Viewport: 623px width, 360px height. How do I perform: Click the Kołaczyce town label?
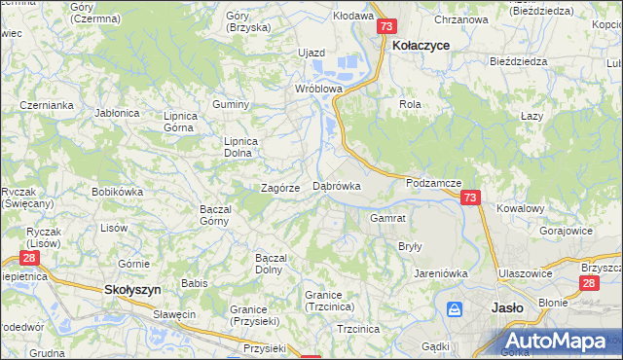(420, 45)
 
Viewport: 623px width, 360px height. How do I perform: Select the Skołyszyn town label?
(132, 289)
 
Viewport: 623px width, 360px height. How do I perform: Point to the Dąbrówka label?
(337, 185)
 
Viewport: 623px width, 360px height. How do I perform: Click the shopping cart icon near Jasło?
(455, 309)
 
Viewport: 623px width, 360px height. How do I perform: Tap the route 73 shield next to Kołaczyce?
(386, 27)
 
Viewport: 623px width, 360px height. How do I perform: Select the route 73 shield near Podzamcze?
(470, 198)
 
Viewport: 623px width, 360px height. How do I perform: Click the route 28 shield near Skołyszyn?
(29, 259)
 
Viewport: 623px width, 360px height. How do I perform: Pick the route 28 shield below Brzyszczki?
(589, 282)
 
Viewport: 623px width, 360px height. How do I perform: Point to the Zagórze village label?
(279, 188)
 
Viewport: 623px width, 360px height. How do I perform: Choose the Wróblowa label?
(319, 88)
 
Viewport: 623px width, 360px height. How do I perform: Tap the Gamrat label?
(386, 218)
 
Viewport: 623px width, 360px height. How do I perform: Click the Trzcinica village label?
(357, 329)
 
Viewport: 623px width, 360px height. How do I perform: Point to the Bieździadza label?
(519, 60)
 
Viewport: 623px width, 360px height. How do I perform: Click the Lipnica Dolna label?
(241, 146)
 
